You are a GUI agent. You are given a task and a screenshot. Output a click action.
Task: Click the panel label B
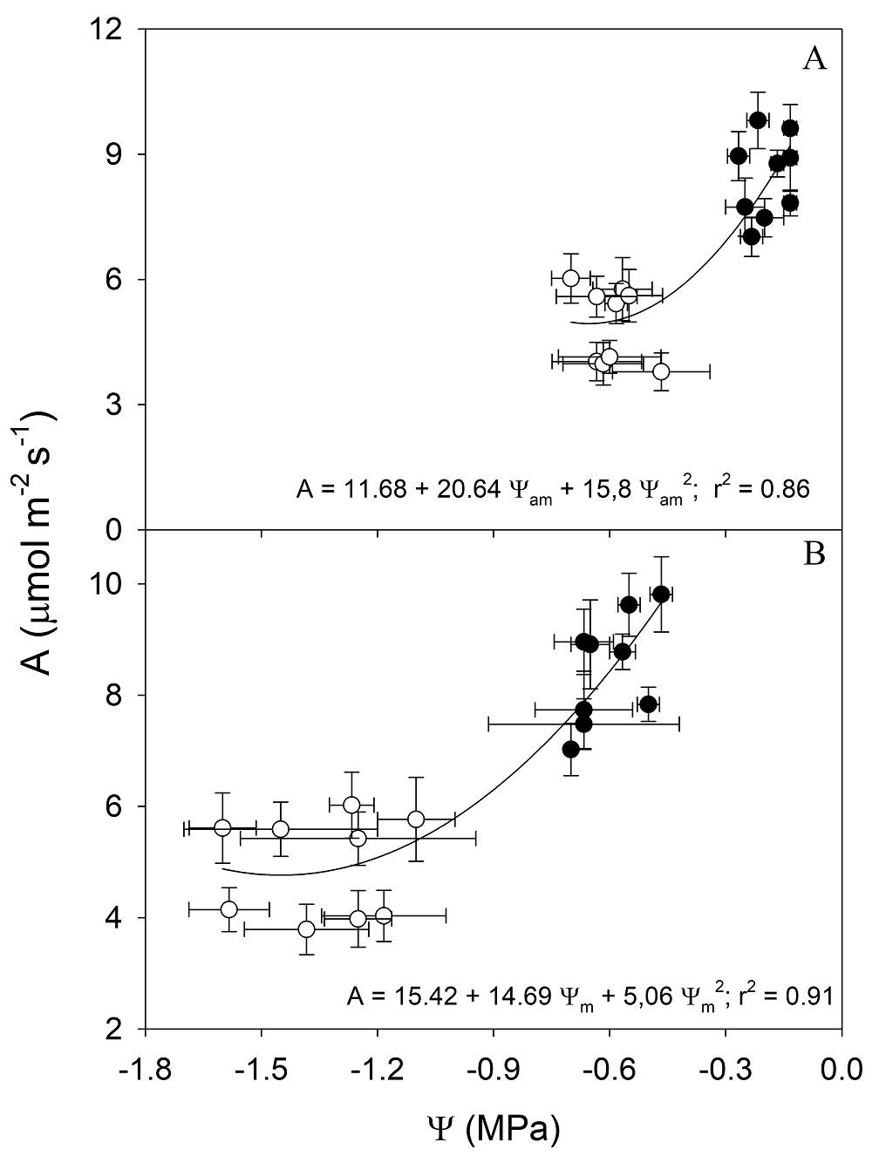click(x=814, y=554)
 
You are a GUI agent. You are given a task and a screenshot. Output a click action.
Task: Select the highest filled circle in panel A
click(x=758, y=119)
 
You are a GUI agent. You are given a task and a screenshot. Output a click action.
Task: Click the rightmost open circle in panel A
click(x=661, y=371)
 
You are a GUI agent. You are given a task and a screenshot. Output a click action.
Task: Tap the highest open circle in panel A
click(x=571, y=278)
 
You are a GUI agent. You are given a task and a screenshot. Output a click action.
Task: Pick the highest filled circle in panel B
click(x=661, y=594)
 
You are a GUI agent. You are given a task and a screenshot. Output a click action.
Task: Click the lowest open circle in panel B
click(x=306, y=929)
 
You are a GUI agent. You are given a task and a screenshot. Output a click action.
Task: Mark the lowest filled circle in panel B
click(x=571, y=749)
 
